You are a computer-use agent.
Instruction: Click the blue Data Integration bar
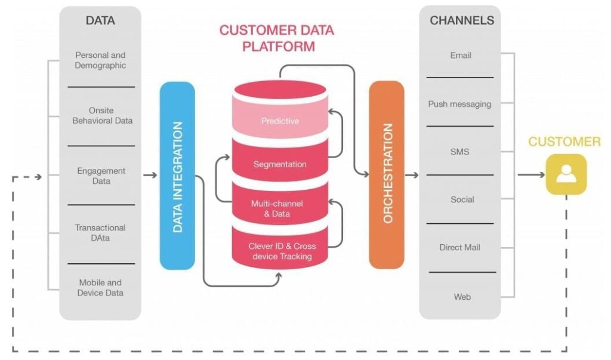tap(177, 176)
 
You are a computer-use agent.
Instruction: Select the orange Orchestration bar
tap(387, 174)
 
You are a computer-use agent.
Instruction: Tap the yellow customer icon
tap(566, 174)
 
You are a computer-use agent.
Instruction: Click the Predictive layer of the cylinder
tap(280, 121)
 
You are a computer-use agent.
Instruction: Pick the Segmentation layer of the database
tap(280, 164)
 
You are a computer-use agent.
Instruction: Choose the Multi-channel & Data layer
tap(280, 208)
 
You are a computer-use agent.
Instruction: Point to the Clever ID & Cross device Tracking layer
tap(280, 251)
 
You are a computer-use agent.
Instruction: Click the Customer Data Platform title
tap(277, 38)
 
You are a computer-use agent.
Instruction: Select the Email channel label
tap(460, 56)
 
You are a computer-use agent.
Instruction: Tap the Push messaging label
tap(459, 104)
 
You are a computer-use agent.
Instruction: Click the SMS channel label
tap(459, 152)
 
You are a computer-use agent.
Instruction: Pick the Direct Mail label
tap(459, 247)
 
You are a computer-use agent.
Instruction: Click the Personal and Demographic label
tap(100, 60)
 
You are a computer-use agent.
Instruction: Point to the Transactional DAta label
tap(100, 233)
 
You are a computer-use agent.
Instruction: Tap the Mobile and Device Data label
tap(100, 288)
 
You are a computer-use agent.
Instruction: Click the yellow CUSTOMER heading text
tap(564, 142)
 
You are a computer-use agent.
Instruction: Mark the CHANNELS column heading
tap(462, 20)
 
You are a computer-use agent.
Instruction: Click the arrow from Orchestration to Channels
tap(412, 175)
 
